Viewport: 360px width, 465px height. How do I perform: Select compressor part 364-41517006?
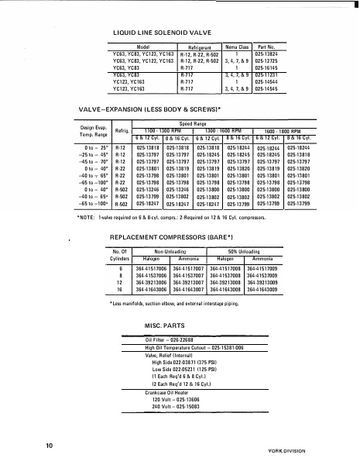tap(152, 267)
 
